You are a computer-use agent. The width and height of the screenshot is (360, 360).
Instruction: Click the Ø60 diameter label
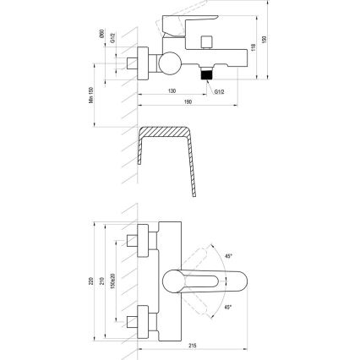coord(100,35)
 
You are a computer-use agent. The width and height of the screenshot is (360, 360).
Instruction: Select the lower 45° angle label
coord(228,306)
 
